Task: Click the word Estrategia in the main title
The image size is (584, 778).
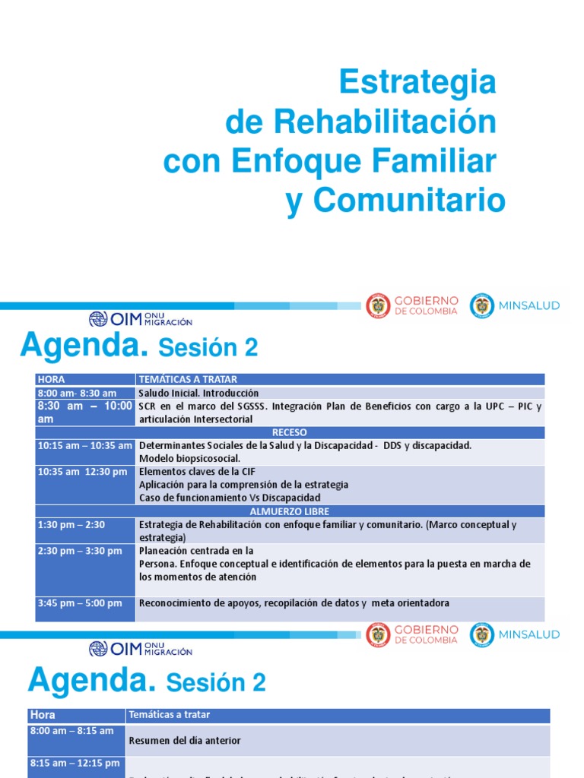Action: (417, 81)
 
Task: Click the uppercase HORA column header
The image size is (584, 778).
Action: (51, 379)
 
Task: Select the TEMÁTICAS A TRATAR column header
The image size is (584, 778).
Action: (188, 379)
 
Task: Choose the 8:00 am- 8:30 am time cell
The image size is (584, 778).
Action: (77, 393)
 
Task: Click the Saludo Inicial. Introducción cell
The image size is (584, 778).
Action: (198, 393)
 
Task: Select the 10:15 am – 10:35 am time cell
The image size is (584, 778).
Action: (84, 445)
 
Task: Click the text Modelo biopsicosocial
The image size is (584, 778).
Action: (189, 458)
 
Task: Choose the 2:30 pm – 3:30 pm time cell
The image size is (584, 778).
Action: (80, 551)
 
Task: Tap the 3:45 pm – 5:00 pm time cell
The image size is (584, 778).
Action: (80, 603)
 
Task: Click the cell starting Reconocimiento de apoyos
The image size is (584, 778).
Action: (294, 603)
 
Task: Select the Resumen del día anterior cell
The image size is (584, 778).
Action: (185, 740)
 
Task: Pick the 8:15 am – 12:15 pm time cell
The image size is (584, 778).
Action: (75, 763)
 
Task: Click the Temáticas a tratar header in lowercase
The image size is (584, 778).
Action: (170, 715)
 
